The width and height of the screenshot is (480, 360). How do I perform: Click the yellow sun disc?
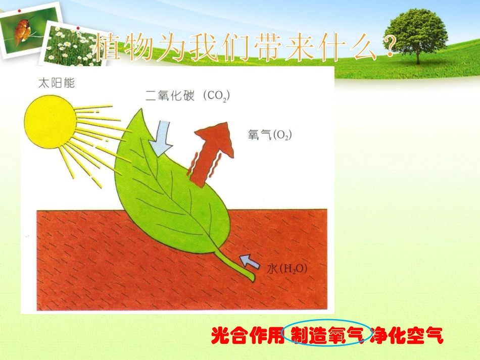tap(50, 123)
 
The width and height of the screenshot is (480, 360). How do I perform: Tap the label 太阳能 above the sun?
tap(57, 83)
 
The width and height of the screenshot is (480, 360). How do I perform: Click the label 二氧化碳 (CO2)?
tap(187, 95)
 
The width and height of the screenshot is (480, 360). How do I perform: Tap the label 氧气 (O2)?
tap(270, 135)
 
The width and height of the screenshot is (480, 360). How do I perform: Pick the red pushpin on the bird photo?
tap(19, 11)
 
